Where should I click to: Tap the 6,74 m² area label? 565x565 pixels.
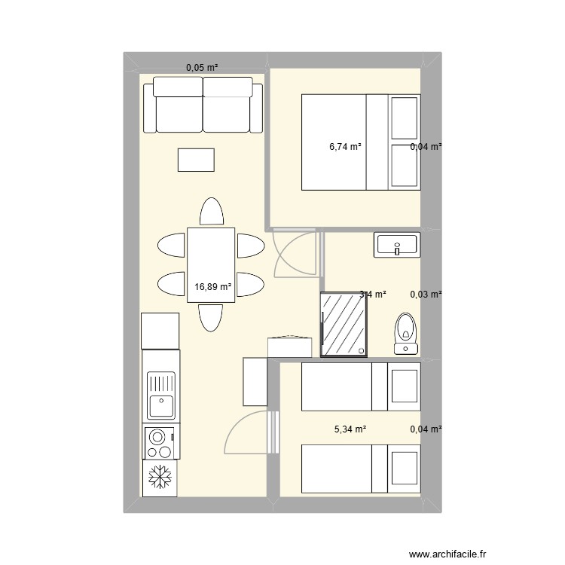pos(345,147)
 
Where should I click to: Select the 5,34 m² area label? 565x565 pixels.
pos(350,429)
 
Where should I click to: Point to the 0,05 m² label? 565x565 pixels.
pos(202,68)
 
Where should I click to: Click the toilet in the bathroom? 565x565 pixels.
pos(407,333)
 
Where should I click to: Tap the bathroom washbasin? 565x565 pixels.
pos(396,245)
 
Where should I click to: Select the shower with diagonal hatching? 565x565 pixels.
pos(344,324)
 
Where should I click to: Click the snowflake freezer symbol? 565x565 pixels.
pos(160,478)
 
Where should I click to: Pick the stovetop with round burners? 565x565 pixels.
pos(160,442)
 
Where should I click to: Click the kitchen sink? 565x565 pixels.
pos(160,395)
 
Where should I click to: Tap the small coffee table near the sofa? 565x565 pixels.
pos(196,160)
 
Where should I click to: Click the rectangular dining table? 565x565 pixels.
pos(210,265)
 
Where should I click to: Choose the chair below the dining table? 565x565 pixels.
pos(211,318)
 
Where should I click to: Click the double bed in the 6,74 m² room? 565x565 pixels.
pos(360,142)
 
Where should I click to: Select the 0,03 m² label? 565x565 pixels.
pos(425,295)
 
